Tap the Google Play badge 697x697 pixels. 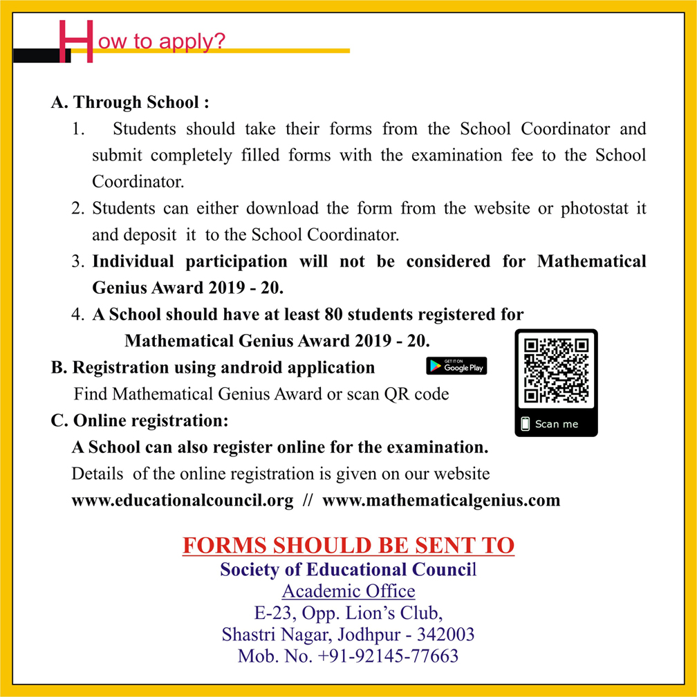(456, 366)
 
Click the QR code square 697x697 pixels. (556, 371)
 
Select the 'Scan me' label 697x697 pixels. (556, 424)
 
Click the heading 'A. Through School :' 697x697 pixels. (130, 103)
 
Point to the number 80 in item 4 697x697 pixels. (333, 315)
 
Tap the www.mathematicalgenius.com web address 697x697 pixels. (441, 501)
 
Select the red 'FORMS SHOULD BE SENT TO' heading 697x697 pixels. (348, 546)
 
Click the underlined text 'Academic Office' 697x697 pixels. (348, 591)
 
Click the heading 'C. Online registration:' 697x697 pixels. (140, 420)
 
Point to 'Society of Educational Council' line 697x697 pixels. (348, 570)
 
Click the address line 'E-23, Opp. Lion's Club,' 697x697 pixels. (348, 613)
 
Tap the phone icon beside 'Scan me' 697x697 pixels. (526, 424)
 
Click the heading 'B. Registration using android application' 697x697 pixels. (214, 368)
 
